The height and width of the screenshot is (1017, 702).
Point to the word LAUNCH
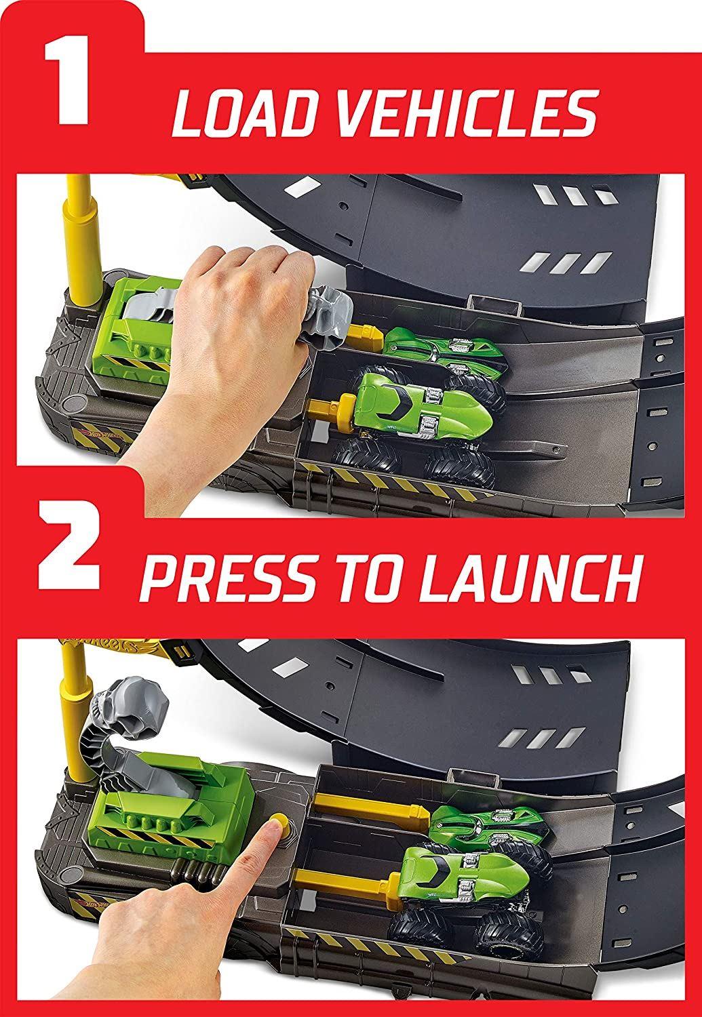(528, 575)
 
